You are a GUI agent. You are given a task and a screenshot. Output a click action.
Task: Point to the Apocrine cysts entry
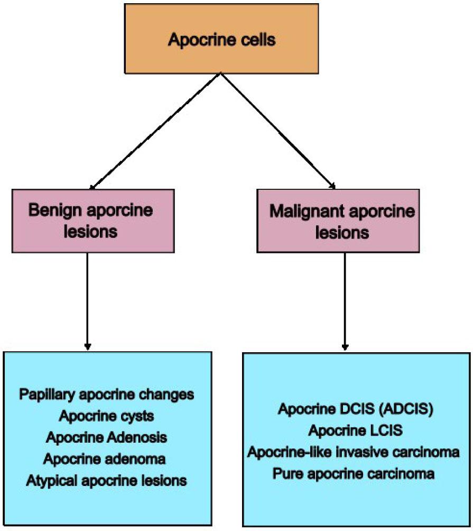tap(107, 416)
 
